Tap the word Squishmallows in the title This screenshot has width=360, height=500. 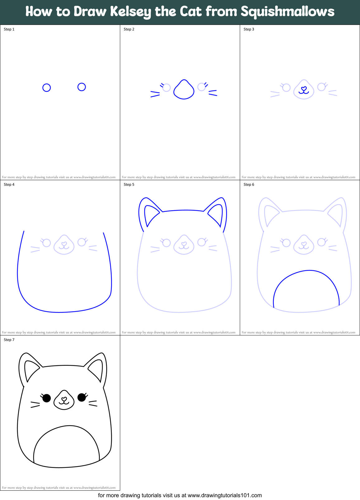click(287, 12)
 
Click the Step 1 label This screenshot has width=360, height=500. click(9, 29)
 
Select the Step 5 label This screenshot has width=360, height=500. click(129, 185)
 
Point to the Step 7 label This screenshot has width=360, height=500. click(9, 340)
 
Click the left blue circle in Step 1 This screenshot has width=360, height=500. click(46, 88)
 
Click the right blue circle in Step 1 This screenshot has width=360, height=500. click(82, 87)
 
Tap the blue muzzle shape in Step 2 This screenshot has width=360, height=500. click(184, 90)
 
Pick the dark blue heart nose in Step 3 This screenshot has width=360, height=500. click(304, 89)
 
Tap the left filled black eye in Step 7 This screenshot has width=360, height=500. click(46, 398)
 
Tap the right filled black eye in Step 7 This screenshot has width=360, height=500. click(82, 397)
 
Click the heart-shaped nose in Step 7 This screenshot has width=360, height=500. click(64, 399)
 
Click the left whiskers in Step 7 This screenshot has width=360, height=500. click(35, 404)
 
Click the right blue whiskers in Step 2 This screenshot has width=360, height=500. click(213, 93)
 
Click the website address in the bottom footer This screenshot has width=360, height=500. click(225, 495)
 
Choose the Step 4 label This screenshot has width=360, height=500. click(9, 185)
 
